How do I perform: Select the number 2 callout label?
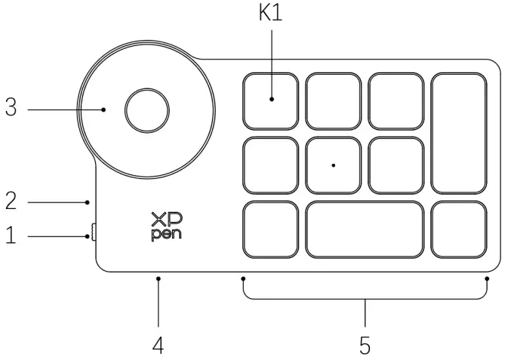click(11, 201)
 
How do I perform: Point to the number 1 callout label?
click(11, 236)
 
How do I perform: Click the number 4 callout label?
click(158, 346)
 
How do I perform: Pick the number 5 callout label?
click(365, 346)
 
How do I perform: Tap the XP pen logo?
click(165, 226)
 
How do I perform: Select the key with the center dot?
click(334, 164)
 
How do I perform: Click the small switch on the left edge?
click(93, 235)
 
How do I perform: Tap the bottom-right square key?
click(459, 228)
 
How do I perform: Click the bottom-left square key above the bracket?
click(270, 228)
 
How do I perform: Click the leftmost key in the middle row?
click(270, 164)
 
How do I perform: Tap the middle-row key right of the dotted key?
click(396, 164)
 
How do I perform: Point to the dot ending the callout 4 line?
click(159, 278)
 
